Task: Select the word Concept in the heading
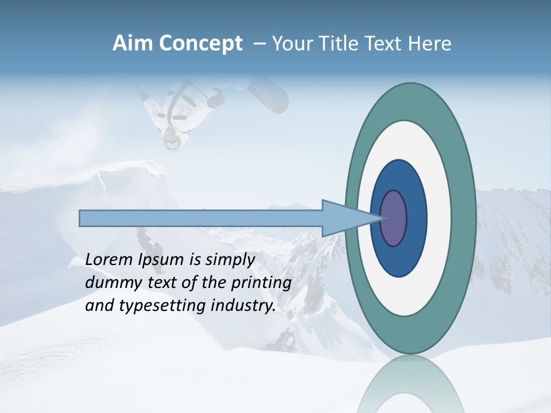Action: [x=201, y=44]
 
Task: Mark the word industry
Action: [x=243, y=306]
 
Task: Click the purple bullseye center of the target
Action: [x=394, y=219]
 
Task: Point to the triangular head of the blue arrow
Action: [x=344, y=219]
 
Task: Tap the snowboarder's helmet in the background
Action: [x=173, y=138]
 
